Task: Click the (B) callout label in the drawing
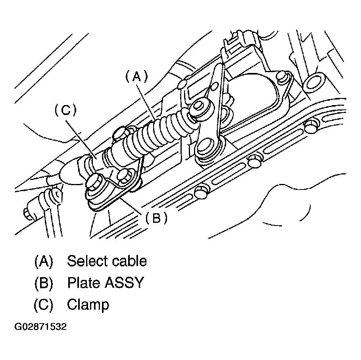click(156, 217)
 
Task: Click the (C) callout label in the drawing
click(65, 110)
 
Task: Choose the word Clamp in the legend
click(88, 305)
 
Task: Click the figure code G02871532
click(40, 327)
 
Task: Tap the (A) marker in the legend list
click(43, 261)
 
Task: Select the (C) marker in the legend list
click(43, 305)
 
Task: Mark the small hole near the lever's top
click(215, 85)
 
